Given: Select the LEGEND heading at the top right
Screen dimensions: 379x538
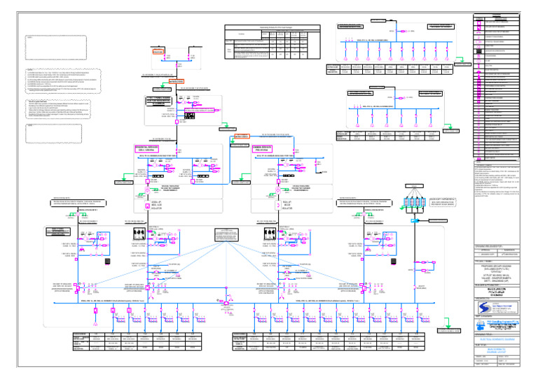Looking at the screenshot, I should [498, 15].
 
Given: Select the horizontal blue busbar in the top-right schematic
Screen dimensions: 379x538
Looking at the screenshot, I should [393, 42].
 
